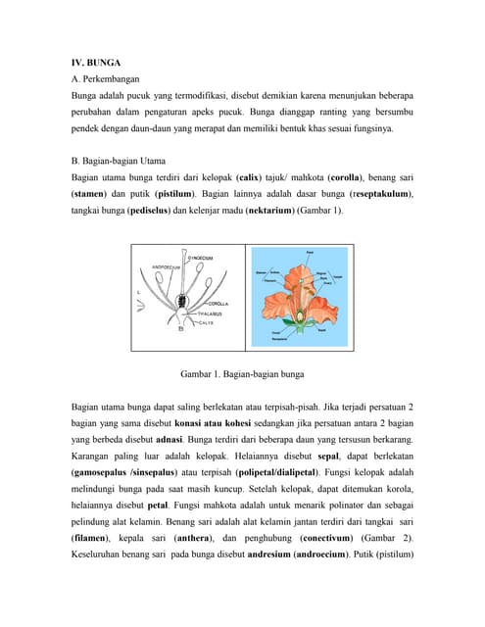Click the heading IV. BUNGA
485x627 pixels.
[x=96, y=61]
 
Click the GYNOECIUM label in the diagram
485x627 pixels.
[x=200, y=258]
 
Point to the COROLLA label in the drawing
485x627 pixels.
[x=218, y=303]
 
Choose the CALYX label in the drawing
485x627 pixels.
[x=206, y=322]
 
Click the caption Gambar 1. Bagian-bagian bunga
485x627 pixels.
[x=242, y=373]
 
